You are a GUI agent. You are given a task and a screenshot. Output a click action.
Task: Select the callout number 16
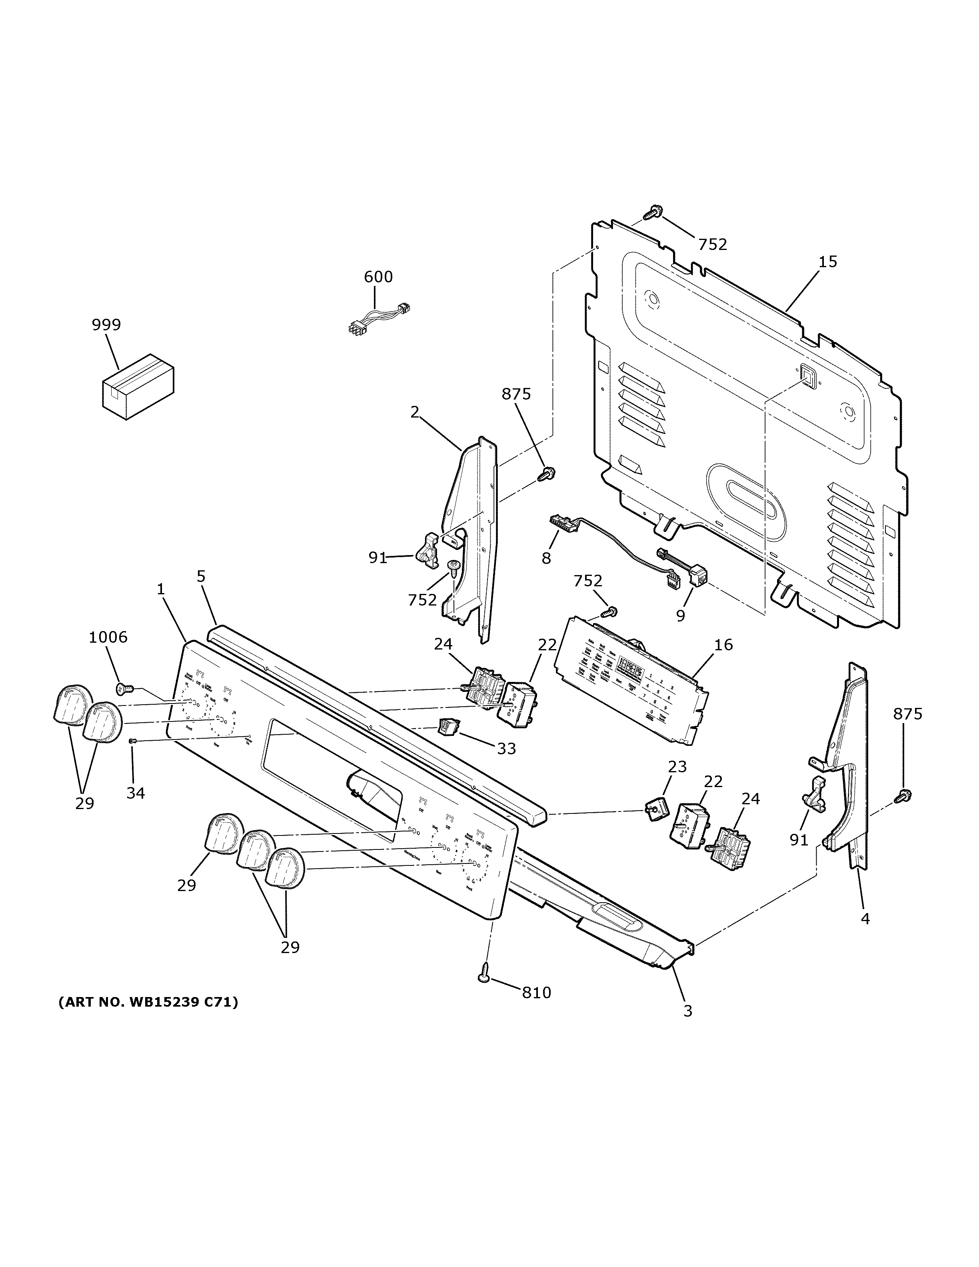[723, 645]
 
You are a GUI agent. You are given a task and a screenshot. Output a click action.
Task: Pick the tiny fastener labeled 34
[132, 741]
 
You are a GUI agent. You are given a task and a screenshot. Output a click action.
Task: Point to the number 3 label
[687, 1011]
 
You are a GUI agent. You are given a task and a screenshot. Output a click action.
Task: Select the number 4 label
[865, 918]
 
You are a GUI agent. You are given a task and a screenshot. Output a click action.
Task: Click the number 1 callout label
[161, 590]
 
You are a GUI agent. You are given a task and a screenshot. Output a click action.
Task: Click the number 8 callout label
[546, 558]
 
